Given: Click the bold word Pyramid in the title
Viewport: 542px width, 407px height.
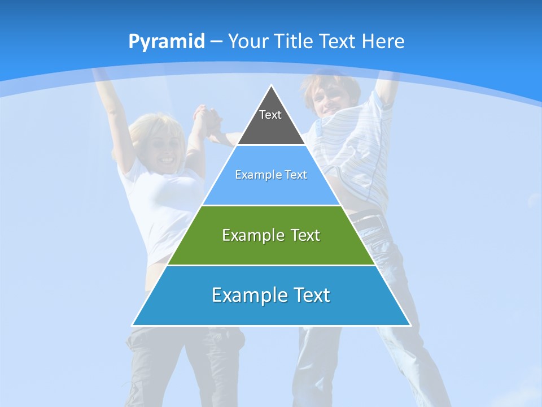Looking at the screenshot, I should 166,42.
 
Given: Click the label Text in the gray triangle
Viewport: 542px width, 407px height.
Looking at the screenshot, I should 270,115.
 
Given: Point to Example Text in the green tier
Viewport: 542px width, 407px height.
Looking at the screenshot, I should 271,235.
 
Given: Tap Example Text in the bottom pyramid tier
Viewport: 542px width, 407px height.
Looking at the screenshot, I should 271,295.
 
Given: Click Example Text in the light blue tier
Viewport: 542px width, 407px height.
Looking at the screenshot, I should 271,175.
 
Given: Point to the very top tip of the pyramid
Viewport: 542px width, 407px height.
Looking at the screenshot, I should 272,86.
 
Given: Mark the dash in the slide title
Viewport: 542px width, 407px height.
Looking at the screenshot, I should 216,42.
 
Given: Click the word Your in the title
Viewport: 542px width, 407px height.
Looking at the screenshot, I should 248,41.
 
